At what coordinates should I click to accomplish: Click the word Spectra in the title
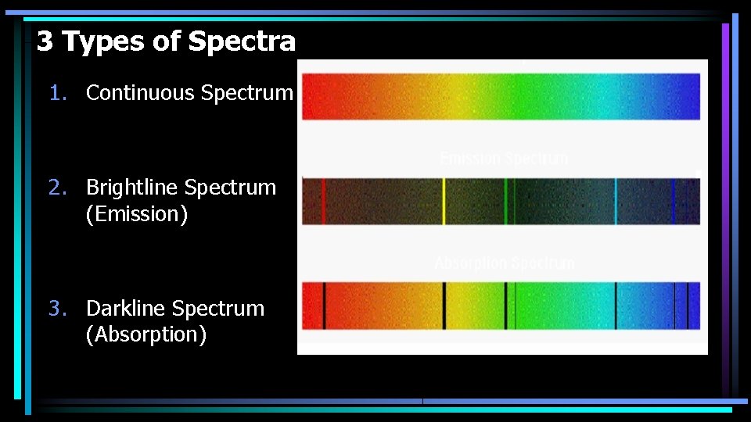(x=242, y=41)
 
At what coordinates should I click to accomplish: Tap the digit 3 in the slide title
(x=45, y=41)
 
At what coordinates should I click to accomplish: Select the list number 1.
(x=56, y=93)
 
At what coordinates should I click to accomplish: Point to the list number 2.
(x=56, y=188)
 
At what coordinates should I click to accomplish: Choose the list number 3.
(x=56, y=309)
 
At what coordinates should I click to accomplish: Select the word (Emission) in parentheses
(x=137, y=214)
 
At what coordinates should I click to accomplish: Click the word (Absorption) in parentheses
(x=146, y=335)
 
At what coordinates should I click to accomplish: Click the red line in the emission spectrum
(x=323, y=202)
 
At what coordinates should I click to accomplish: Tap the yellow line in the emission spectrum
(x=444, y=202)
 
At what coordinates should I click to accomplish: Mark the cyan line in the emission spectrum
(x=616, y=202)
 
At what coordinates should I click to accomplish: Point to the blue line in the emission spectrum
(x=673, y=202)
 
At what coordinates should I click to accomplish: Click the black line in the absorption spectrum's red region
(x=324, y=306)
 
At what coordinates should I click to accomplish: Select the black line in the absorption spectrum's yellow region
(x=444, y=306)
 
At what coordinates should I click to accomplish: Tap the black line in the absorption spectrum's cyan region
(x=616, y=306)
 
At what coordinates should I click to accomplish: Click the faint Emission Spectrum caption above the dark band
(x=504, y=159)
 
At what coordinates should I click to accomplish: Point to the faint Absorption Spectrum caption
(x=504, y=263)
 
